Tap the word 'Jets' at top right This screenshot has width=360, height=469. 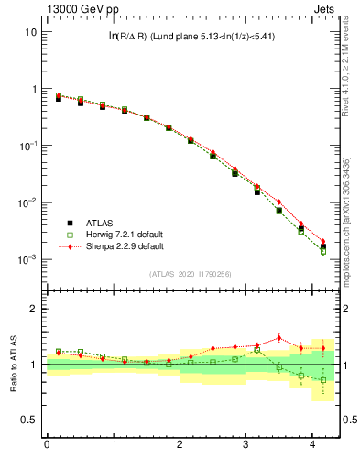pyautogui.click(x=325, y=7)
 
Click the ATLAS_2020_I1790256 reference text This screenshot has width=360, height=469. pyautogui.click(x=191, y=274)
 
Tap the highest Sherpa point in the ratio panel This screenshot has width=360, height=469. pyautogui.click(x=278, y=337)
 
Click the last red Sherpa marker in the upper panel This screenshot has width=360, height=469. pyautogui.click(x=322, y=241)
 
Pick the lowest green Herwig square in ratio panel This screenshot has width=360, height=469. pyautogui.click(x=322, y=379)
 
